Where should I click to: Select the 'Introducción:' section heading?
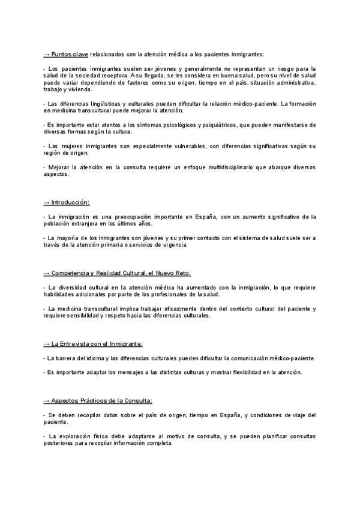coord(74,202)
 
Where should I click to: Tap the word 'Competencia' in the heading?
coord(74,273)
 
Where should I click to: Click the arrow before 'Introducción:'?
coord(47,202)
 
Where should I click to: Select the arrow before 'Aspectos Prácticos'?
coord(47,400)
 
